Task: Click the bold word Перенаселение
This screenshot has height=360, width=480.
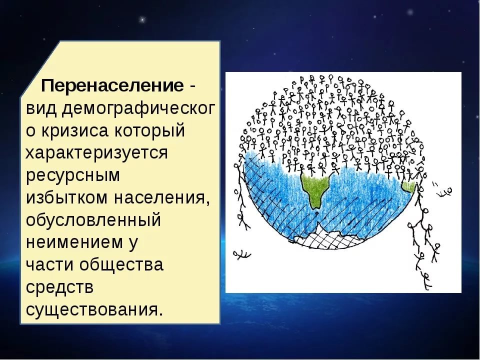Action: tap(113, 85)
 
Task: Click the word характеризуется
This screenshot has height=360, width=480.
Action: tap(97, 153)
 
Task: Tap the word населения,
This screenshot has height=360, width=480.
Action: tap(162, 198)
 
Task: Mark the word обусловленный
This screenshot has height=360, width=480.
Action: tap(93, 220)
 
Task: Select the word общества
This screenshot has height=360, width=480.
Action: tap(121, 265)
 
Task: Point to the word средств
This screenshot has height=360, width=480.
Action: tap(59, 286)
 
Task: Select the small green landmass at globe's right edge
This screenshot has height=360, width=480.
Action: tap(409, 186)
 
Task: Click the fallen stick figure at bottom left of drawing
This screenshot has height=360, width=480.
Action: tap(242, 254)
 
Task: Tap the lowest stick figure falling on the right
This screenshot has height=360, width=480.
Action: tap(426, 280)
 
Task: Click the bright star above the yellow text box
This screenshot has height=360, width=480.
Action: tap(142, 20)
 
